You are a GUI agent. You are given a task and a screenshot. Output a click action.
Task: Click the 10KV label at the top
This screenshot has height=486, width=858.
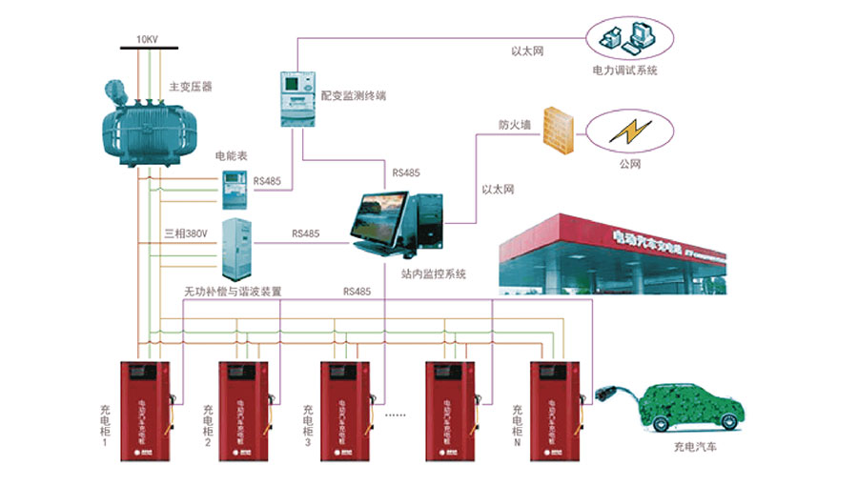[148, 39]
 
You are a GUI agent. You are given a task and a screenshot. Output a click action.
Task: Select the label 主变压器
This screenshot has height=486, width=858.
[190, 86]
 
